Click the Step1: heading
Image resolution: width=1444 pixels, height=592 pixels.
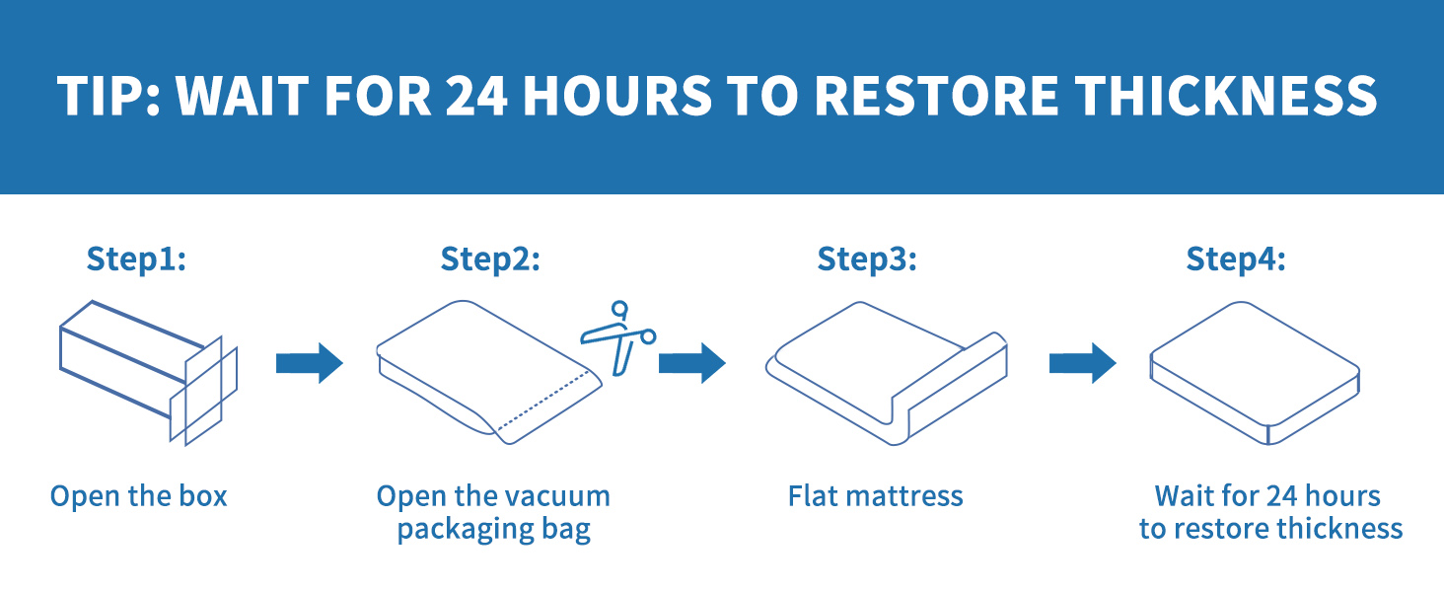(136, 259)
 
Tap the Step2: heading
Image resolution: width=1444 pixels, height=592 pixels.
(490, 259)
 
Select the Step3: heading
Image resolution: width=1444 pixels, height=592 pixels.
(867, 259)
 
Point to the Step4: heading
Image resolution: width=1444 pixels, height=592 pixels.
(1236, 259)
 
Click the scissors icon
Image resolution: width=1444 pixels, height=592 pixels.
(618, 336)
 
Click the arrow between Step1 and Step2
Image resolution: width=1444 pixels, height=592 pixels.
(310, 363)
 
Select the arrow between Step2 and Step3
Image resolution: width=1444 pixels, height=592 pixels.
(691, 363)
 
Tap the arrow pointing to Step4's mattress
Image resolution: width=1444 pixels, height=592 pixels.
(1082, 363)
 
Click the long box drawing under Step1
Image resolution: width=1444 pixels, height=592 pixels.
(148, 373)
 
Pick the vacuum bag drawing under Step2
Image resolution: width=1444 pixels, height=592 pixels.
(489, 372)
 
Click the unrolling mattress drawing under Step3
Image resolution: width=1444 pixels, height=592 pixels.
(887, 373)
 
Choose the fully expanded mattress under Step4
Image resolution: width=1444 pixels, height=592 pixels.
(1256, 373)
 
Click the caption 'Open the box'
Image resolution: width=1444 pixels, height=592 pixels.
(139, 496)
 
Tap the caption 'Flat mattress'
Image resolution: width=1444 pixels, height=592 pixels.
(876, 496)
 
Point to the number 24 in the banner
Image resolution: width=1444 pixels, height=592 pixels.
(475, 96)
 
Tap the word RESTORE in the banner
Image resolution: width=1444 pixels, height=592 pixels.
(936, 96)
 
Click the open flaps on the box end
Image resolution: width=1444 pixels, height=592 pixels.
(204, 391)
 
